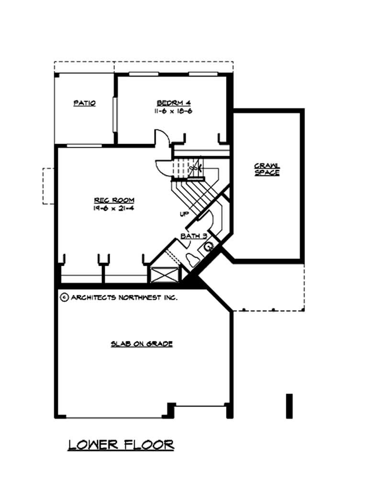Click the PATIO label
(x=85, y=103)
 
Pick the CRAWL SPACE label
(x=267, y=169)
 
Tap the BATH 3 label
(x=194, y=236)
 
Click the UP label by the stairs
(x=184, y=214)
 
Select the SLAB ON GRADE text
(x=142, y=344)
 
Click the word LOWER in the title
(x=92, y=445)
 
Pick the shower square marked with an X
(x=165, y=276)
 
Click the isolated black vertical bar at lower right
(x=289, y=406)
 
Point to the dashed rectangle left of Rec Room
(x=48, y=186)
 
